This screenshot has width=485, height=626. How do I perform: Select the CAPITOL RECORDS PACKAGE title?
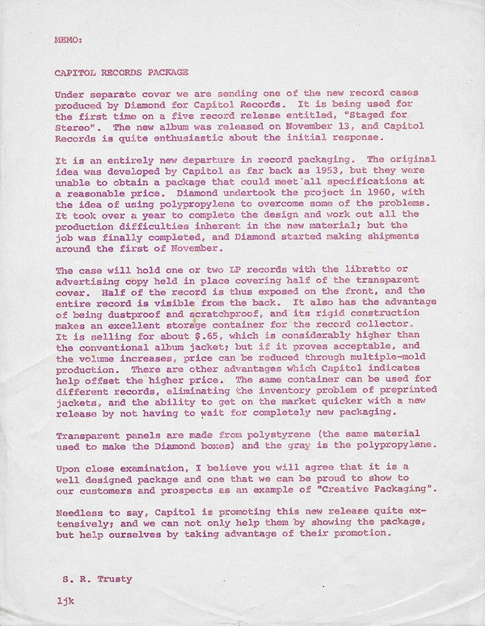(x=121, y=72)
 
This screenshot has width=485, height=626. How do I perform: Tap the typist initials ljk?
(x=65, y=602)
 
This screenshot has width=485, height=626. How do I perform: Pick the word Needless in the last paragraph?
(x=79, y=513)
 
